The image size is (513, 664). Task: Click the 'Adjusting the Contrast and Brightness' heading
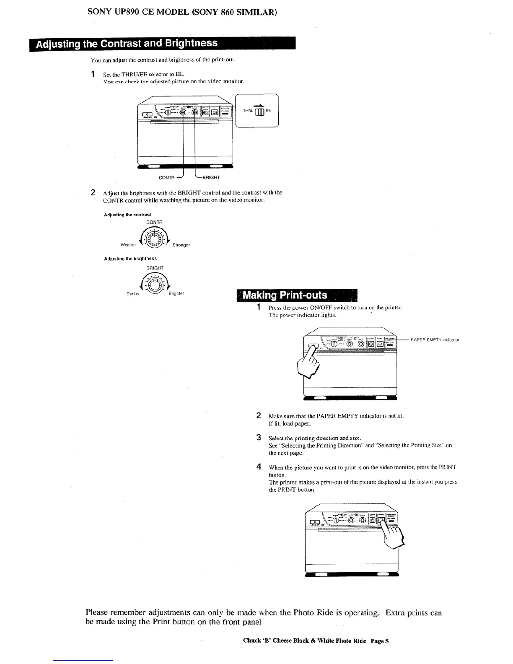click(127, 44)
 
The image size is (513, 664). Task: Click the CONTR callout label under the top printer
click(166, 177)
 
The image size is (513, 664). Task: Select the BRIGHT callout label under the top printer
click(211, 177)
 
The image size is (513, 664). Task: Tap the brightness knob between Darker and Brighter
click(155, 284)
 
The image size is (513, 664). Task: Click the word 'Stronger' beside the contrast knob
click(181, 245)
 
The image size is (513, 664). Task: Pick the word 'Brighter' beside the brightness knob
click(176, 293)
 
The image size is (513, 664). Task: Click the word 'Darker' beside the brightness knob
click(133, 293)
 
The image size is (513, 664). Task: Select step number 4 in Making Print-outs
click(259, 467)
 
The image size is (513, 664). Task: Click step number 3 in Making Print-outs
click(259, 438)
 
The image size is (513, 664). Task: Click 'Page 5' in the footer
click(380, 641)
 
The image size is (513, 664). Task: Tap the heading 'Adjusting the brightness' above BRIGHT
click(130, 259)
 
